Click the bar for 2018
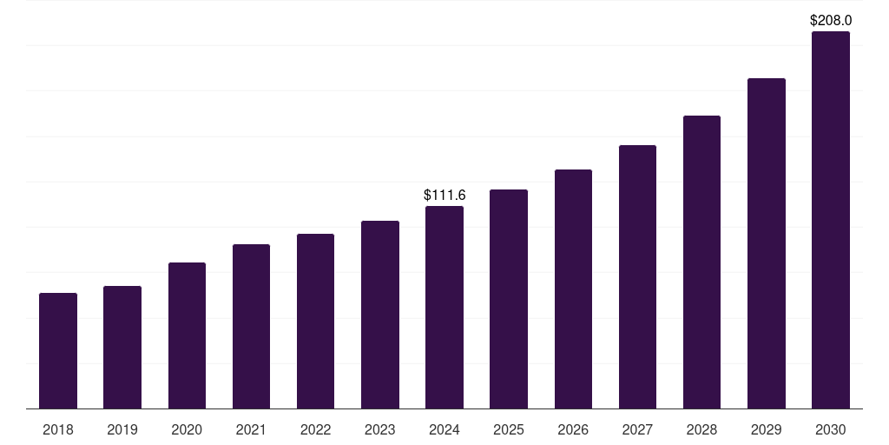[x=58, y=351]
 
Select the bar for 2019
[x=122, y=348]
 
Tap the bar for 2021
[x=251, y=327]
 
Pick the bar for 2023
[x=380, y=315]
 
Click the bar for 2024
[x=444, y=307]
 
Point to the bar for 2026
[x=573, y=289]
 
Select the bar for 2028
[x=701, y=262]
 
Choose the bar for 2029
[x=767, y=243]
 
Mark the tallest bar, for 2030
[x=831, y=220]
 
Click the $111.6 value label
[x=444, y=196]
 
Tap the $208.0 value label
[x=831, y=21]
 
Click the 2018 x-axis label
[x=58, y=429]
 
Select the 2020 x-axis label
[x=187, y=429]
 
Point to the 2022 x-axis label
[x=315, y=429]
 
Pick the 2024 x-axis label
[x=444, y=429]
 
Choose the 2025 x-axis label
[x=509, y=429]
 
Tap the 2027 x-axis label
[x=637, y=429]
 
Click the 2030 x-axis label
[x=831, y=429]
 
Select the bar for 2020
[x=188, y=335]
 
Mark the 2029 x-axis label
[x=767, y=429]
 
